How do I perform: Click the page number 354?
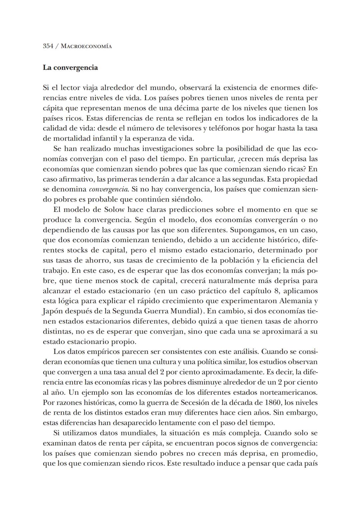click(x=48, y=46)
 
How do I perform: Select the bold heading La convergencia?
click(x=70, y=68)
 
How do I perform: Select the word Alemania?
click(x=295, y=301)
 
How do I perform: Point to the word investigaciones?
click(x=170, y=149)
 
